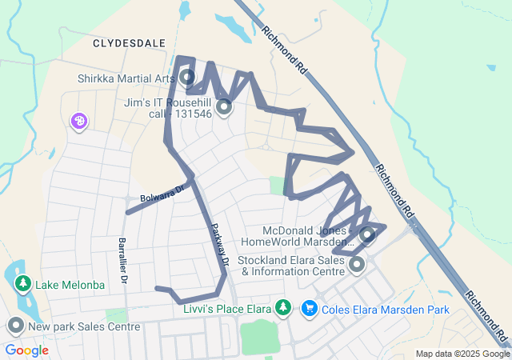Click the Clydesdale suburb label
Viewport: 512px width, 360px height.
click(x=129, y=42)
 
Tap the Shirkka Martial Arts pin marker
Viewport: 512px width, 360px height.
click(x=187, y=78)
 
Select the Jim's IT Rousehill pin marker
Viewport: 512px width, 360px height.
click(x=223, y=106)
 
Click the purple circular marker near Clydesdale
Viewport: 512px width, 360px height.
click(x=79, y=122)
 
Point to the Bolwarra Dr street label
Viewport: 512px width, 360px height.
click(x=162, y=194)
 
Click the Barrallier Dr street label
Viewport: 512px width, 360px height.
click(x=122, y=261)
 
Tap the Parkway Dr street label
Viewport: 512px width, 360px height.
click(x=219, y=243)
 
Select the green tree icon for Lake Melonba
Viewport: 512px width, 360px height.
click(x=23, y=284)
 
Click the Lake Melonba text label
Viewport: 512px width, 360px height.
click(x=70, y=286)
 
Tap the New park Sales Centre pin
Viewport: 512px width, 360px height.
click(x=15, y=326)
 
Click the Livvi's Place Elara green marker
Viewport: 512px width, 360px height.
click(x=282, y=307)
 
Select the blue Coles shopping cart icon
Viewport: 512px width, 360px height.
click(x=308, y=308)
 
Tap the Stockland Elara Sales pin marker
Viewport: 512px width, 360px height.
click(x=357, y=263)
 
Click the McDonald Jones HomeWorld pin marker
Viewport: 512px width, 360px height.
click(x=367, y=234)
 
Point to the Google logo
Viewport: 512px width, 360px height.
click(x=26, y=350)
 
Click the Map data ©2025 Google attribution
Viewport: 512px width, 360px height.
click(x=462, y=354)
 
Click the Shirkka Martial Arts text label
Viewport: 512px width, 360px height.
click(x=126, y=78)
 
